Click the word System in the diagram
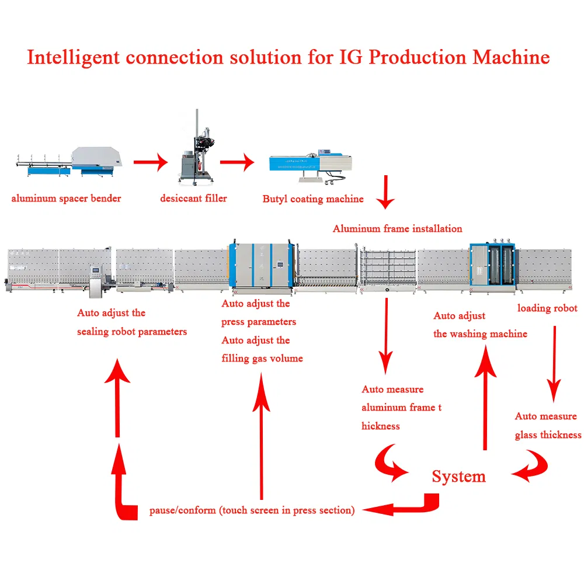(458, 477)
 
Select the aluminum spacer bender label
(66, 199)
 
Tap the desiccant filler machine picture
(194, 149)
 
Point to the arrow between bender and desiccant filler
(150, 162)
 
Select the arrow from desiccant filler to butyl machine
(237, 162)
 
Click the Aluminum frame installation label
(397, 229)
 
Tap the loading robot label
(547, 308)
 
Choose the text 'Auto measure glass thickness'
(547, 426)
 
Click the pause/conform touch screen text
(251, 510)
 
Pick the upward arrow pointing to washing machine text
(485, 397)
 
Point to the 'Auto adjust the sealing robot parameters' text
(132, 322)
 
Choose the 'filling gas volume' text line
(262, 359)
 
